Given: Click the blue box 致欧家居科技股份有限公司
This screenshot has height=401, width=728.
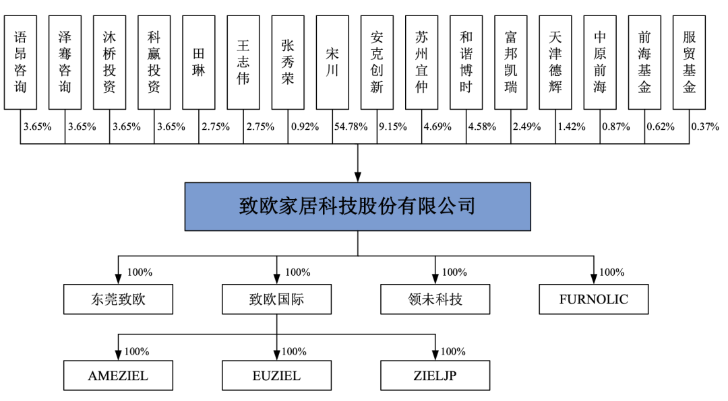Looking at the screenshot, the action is click(357, 207).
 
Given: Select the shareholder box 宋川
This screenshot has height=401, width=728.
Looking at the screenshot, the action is click(332, 63).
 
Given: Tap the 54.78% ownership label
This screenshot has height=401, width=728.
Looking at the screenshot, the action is click(351, 126).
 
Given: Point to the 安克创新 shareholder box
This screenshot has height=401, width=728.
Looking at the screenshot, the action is click(377, 63).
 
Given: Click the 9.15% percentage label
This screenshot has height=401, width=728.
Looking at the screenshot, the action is click(393, 126).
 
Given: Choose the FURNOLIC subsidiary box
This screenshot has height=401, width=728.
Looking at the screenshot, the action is click(594, 299).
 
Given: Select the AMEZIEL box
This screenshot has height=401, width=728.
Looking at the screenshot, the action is click(119, 375).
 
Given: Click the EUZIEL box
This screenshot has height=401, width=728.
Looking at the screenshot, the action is click(277, 375).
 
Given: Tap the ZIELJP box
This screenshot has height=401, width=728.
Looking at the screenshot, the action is click(435, 375).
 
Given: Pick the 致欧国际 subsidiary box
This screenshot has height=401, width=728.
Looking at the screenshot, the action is click(277, 299).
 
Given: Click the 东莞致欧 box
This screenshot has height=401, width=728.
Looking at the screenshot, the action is click(119, 299).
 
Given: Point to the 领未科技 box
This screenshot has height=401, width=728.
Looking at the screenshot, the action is click(435, 299).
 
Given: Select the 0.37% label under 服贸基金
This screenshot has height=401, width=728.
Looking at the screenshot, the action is click(705, 126).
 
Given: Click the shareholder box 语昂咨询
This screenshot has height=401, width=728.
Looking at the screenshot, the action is click(20, 63).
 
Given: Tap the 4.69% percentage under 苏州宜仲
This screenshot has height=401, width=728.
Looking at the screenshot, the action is click(437, 126).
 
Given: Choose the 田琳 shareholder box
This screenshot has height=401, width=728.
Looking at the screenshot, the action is click(199, 63).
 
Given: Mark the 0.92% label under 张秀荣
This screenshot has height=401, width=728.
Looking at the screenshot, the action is click(305, 126).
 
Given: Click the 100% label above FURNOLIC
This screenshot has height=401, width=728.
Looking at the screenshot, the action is click(612, 272).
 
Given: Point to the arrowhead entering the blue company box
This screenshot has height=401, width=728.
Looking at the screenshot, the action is click(357, 177).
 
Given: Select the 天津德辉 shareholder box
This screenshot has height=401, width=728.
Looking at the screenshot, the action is click(555, 63).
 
